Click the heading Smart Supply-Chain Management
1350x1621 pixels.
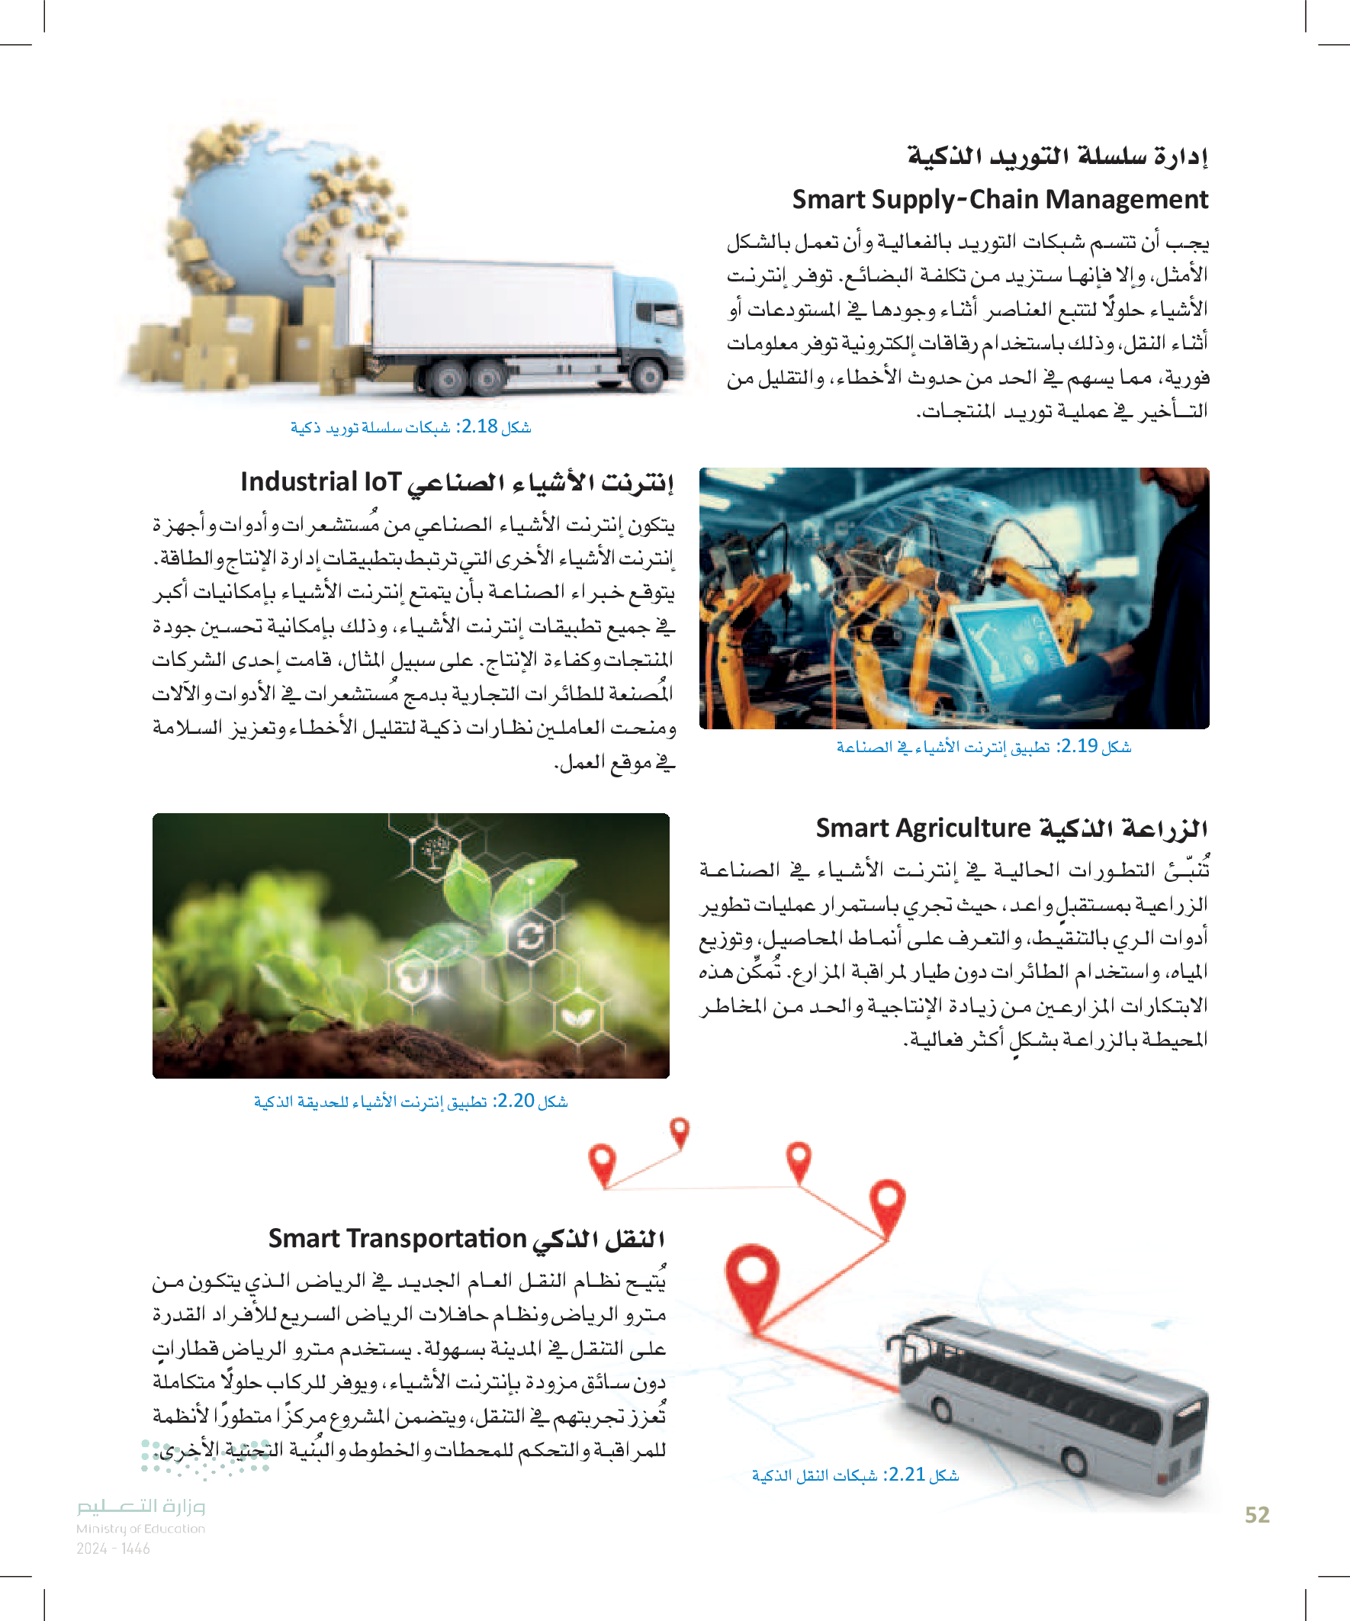[x=999, y=200]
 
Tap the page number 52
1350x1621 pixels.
[x=1257, y=1515]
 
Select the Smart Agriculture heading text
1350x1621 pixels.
[x=923, y=828]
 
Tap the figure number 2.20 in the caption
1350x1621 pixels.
[x=513, y=1101]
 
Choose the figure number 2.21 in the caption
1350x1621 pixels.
[x=906, y=1475]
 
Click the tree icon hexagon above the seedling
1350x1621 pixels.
[x=436, y=851]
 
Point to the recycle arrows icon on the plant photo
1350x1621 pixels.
[x=531, y=937]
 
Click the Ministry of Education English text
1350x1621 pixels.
[x=140, y=1529]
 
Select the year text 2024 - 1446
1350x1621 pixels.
[x=113, y=1549]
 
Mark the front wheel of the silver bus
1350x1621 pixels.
[x=1075, y=1461]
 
